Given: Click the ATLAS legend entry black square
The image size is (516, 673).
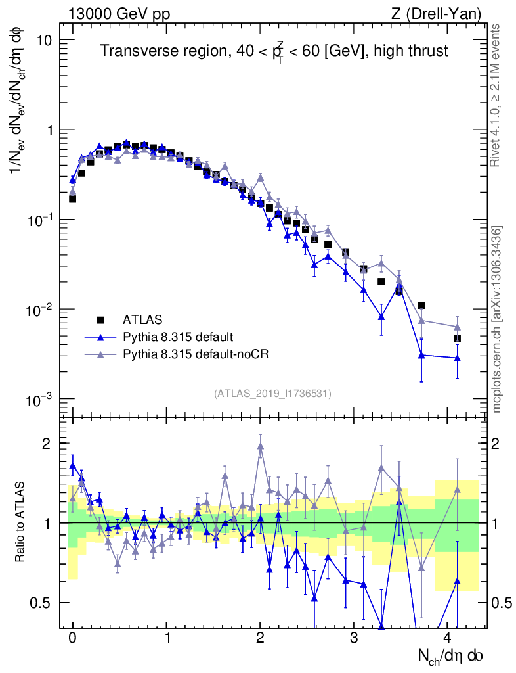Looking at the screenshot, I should [100, 320].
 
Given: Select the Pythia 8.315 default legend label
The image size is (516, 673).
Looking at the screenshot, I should [177, 337].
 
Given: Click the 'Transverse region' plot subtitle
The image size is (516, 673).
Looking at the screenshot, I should [274, 51].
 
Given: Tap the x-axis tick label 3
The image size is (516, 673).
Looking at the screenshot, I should [354, 638].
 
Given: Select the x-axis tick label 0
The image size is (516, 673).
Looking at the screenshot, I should [72, 638].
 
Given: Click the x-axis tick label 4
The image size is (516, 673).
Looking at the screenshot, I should [448, 638].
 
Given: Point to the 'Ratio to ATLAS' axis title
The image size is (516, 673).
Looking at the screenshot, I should [22, 523].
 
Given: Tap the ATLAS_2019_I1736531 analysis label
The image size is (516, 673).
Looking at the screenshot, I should [272, 394].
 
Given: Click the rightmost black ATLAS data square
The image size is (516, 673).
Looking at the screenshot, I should [457, 338].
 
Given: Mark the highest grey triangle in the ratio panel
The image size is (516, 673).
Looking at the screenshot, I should [261, 446].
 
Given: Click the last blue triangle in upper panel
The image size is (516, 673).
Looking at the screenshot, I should [457, 358].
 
